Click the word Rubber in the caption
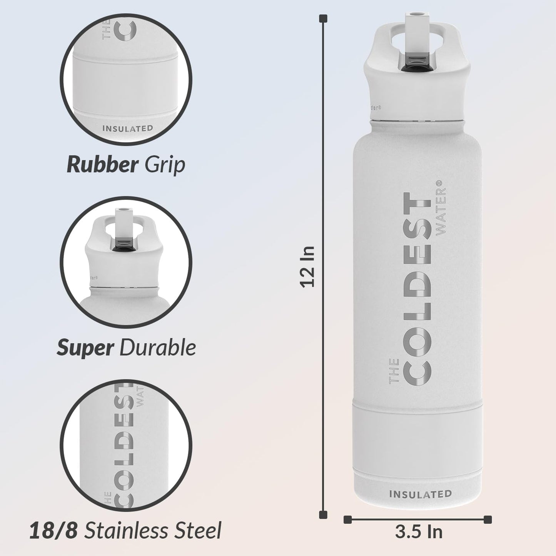pyautogui.click(x=102, y=165)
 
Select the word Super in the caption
pyautogui.click(x=85, y=348)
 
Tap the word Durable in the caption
pyautogui.click(x=158, y=348)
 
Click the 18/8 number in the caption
pyautogui.click(x=53, y=531)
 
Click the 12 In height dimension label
pyautogui.click(x=308, y=267)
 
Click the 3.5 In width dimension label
pyautogui.click(x=419, y=532)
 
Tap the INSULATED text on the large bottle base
pyautogui.click(x=421, y=494)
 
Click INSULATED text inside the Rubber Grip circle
pyautogui.click(x=128, y=129)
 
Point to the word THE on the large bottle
pyautogui.click(x=394, y=371)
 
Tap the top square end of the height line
pyautogui.click(x=324, y=18)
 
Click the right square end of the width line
pyautogui.click(x=488, y=519)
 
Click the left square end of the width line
pyautogui.click(x=347, y=519)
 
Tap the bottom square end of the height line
pyautogui.click(x=324, y=515)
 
